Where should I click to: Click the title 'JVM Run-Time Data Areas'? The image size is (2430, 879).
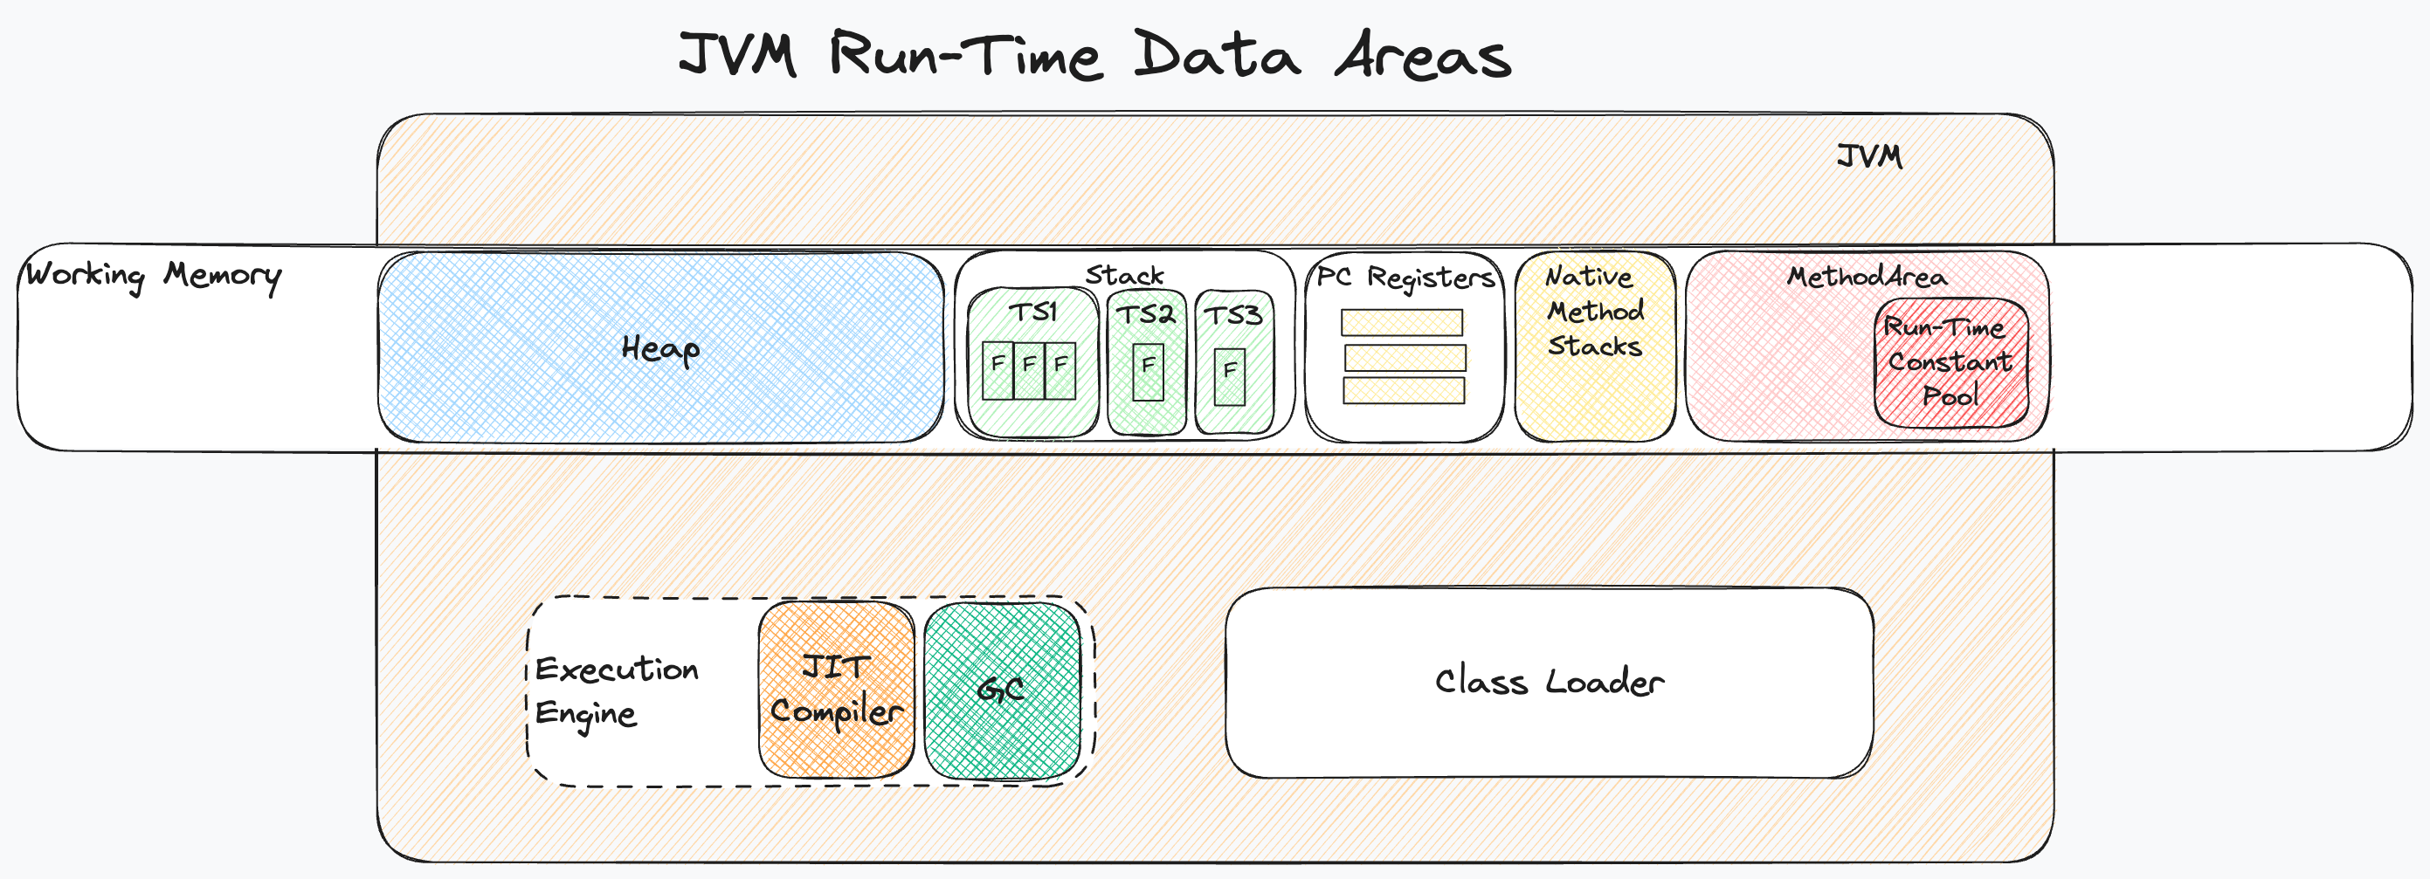tap(1094, 55)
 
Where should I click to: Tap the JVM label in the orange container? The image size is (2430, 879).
tap(1868, 155)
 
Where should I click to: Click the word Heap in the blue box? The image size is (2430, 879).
tap(660, 349)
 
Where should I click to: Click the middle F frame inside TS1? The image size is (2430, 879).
tap(1029, 370)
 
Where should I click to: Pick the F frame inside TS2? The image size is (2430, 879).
tap(1148, 372)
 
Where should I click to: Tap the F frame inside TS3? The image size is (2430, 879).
tap(1229, 376)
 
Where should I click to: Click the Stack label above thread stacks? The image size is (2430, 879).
tap(1124, 275)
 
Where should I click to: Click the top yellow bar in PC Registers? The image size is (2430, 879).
tap(1402, 323)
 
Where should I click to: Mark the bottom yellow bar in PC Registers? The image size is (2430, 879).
tap(1404, 390)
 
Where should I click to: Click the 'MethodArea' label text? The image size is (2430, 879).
tap(1866, 277)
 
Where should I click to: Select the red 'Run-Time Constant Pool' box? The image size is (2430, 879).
tap(1950, 363)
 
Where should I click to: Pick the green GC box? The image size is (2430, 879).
tap(1002, 690)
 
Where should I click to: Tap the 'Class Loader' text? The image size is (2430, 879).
tap(1549, 681)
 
